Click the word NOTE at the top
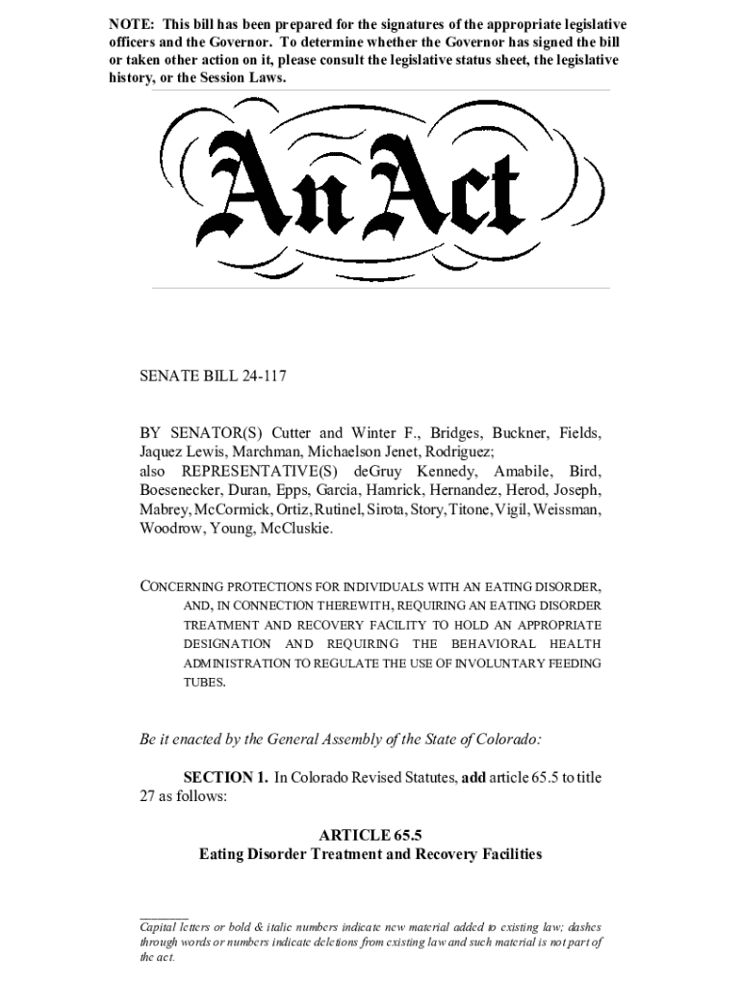coord(128,23)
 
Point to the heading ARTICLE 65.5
coord(370,834)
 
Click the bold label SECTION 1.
coord(225,777)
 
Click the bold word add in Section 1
coord(473,777)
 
